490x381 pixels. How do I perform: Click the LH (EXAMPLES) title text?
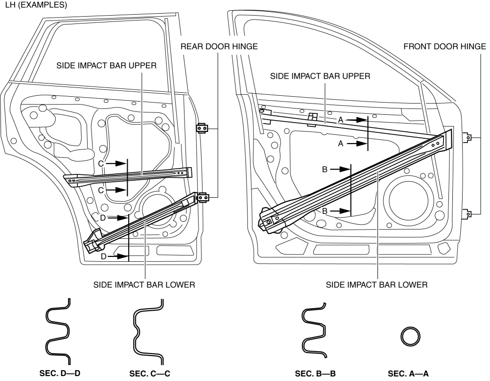pyautogui.click(x=34, y=5)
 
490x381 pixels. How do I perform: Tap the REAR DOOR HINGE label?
pyautogui.click(x=219, y=46)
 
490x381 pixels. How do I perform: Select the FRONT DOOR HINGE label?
pyautogui.click(x=444, y=46)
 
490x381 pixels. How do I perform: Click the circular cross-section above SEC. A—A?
pyautogui.click(x=411, y=337)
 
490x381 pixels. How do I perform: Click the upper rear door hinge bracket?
pyautogui.click(x=202, y=128)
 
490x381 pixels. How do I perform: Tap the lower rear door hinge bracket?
pyautogui.click(x=202, y=197)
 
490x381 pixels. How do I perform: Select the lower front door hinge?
pyautogui.click(x=468, y=213)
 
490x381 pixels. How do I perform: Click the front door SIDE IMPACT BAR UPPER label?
pyautogui.click(x=320, y=76)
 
